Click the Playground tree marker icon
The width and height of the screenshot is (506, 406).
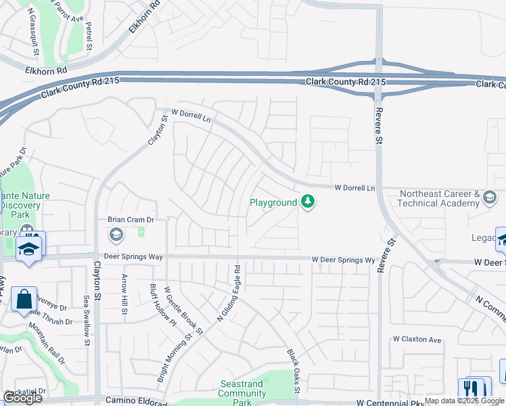coord(308,202)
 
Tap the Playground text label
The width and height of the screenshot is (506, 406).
coord(273,202)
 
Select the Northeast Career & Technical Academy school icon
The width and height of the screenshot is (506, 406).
coord(489,198)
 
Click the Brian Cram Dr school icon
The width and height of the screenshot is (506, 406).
coord(116,235)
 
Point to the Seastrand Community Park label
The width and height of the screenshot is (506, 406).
coord(242,393)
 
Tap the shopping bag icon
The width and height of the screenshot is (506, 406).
coord(24,299)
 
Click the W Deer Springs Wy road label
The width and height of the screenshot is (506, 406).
coord(343,260)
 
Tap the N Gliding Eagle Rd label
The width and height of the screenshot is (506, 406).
coord(229,292)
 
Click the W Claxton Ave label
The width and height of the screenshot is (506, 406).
coord(417,340)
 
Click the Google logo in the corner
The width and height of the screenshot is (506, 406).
coord(22,398)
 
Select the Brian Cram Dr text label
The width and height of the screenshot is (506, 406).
coord(131,220)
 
